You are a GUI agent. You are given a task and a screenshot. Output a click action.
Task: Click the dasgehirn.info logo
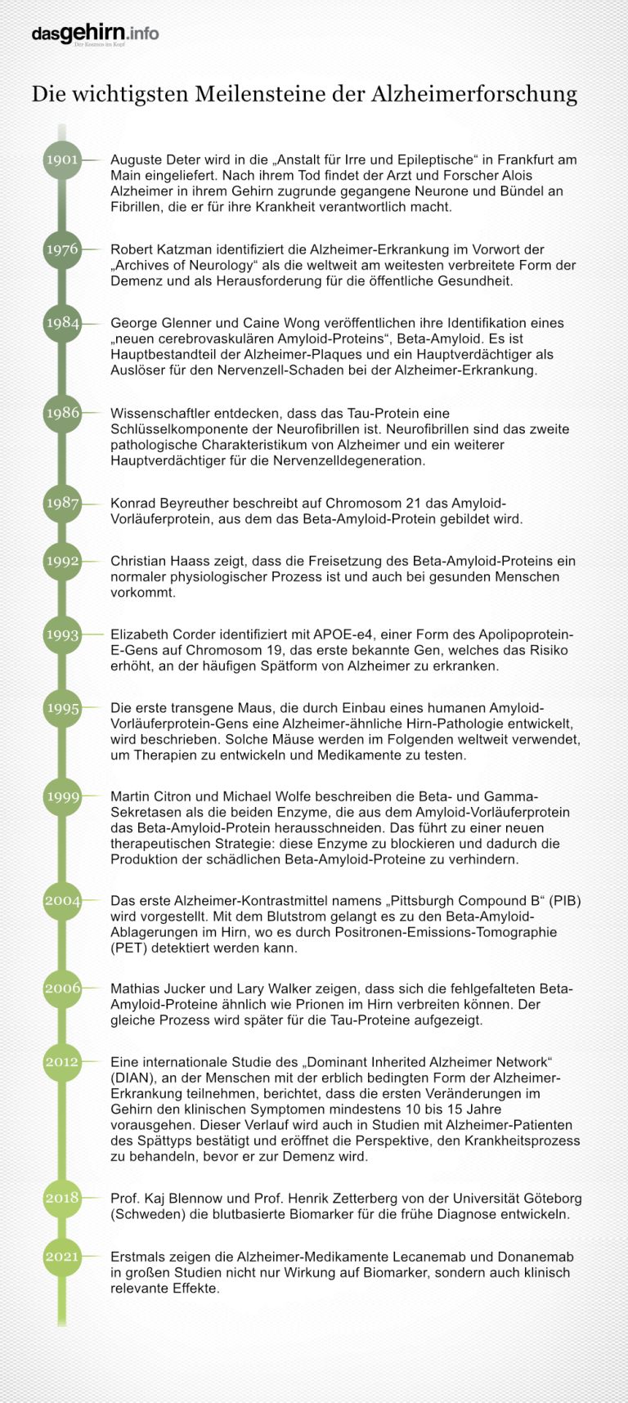click(x=95, y=34)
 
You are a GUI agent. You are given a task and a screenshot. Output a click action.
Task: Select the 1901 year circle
click(x=62, y=159)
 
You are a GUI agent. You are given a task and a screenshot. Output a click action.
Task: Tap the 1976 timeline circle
click(x=62, y=249)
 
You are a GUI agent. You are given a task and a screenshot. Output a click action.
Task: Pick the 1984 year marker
click(x=62, y=323)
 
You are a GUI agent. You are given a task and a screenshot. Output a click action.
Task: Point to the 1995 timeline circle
click(x=62, y=708)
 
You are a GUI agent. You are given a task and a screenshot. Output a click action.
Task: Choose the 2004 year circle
click(x=62, y=900)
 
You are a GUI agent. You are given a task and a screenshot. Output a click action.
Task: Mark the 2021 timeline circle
click(x=62, y=1257)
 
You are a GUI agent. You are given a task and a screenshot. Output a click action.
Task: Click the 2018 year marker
click(x=62, y=1198)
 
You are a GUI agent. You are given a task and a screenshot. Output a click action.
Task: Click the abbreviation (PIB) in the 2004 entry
click(x=564, y=901)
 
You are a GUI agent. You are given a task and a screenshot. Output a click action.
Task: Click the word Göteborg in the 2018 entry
click(x=551, y=1198)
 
